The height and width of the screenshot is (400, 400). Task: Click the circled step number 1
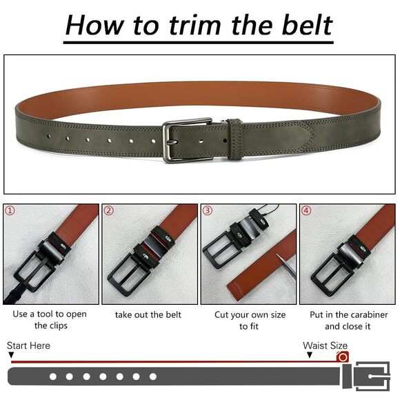[10, 210]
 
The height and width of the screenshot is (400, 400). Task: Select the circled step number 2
[109, 210]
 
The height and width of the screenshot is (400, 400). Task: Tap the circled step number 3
[208, 210]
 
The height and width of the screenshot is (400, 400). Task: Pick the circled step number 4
[306, 210]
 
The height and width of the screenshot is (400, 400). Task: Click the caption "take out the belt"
[149, 314]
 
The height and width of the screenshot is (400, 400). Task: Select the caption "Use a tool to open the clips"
[50, 320]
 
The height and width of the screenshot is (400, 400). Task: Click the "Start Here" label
[28, 346]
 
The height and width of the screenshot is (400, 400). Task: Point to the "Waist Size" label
[325, 346]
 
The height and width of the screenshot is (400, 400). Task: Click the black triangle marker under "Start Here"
[11, 355]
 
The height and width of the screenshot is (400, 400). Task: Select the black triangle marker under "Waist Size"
[310, 355]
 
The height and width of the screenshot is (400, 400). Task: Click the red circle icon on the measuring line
[343, 357]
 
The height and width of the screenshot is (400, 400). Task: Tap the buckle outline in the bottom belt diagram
[372, 377]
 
